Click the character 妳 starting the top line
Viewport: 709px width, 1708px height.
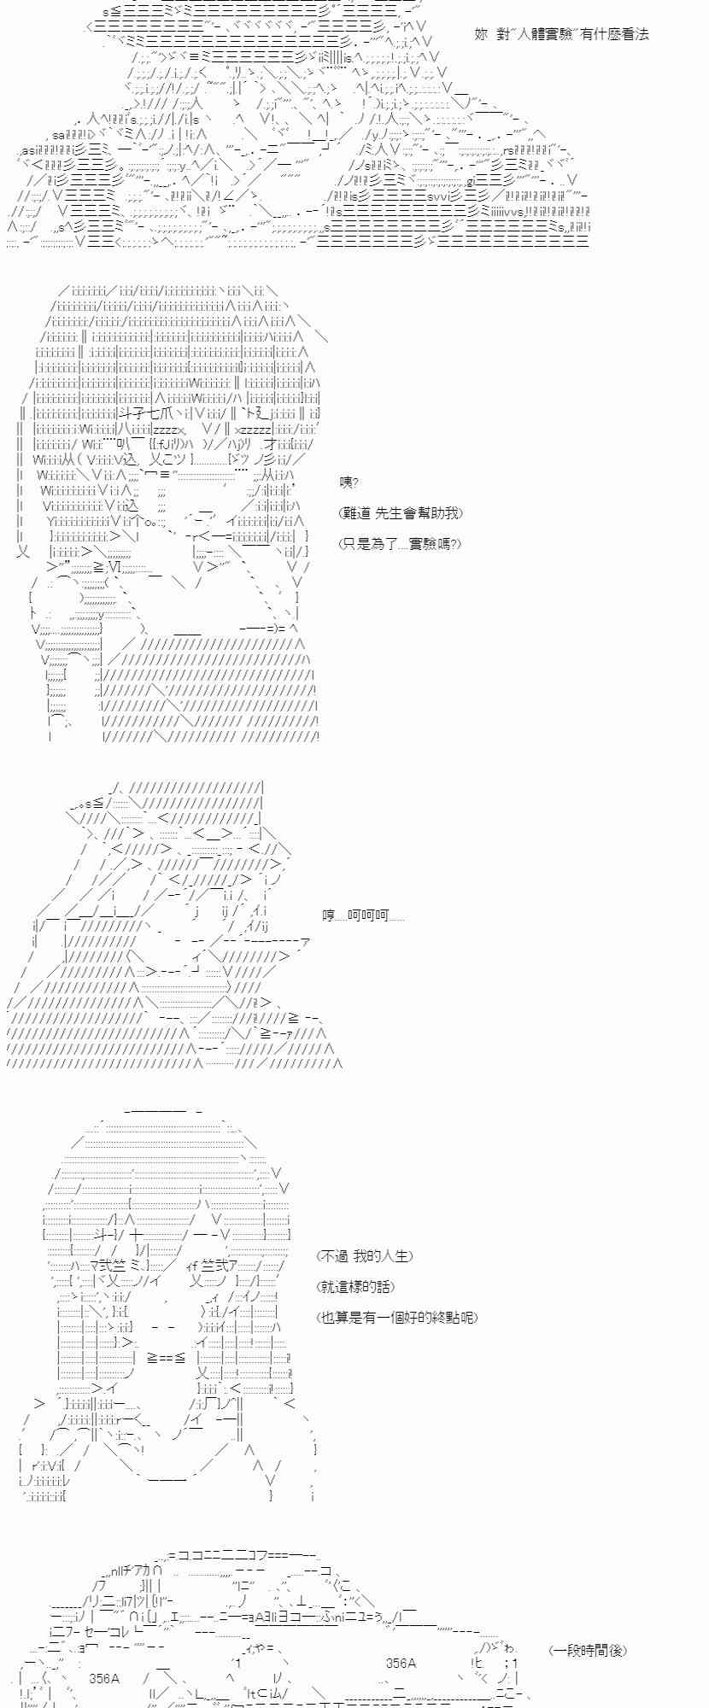[x=481, y=35]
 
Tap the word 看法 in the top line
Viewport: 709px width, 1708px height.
[x=636, y=35]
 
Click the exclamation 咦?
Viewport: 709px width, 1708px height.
[x=349, y=483]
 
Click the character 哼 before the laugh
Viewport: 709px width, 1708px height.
[x=329, y=916]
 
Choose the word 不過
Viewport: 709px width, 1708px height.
[x=335, y=1256]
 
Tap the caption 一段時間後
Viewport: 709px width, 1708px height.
[x=589, y=1651]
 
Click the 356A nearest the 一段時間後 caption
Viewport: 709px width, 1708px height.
[x=401, y=1664]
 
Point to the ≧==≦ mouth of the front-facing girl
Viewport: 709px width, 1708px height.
[x=167, y=1357]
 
